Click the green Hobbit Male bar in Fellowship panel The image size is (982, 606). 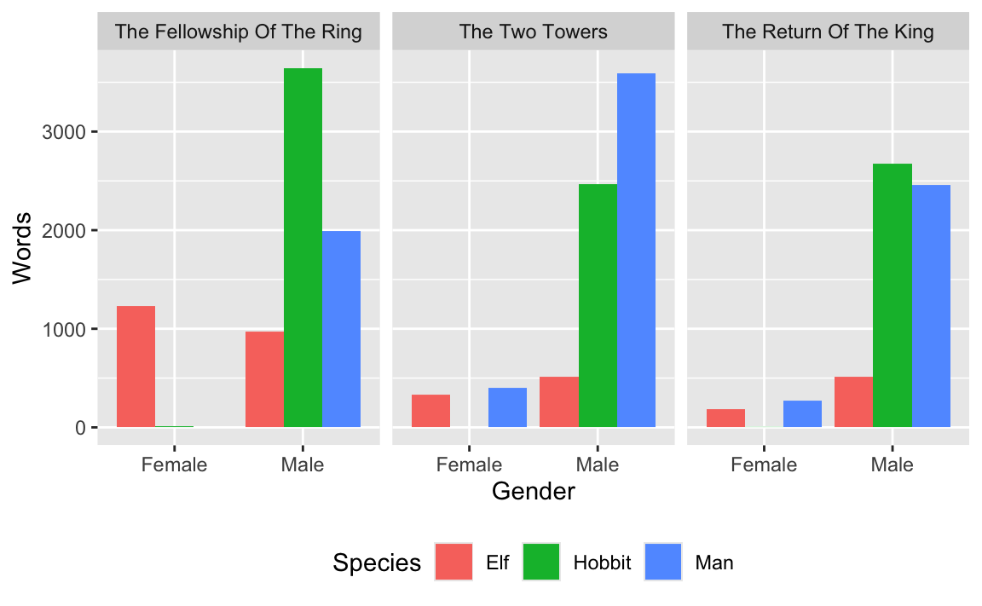tap(303, 247)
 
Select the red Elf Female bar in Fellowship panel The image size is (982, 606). tap(136, 366)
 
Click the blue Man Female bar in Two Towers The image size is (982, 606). tap(507, 407)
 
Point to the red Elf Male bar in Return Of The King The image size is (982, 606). tap(853, 401)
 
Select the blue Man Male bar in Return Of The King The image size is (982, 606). tap(931, 306)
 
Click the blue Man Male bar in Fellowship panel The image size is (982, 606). tap(341, 329)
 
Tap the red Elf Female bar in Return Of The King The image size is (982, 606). tap(725, 418)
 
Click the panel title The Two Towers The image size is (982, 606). tap(533, 32)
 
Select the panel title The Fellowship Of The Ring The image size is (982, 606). tap(239, 32)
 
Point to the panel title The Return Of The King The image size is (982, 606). tap(828, 32)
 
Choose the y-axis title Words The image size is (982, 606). tap(22, 247)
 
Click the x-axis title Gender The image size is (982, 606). tap(533, 492)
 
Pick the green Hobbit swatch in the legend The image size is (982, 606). tap(540, 563)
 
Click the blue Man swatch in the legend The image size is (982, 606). tap(663, 563)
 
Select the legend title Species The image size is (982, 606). tap(377, 563)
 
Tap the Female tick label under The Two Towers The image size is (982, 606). tap(469, 465)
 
